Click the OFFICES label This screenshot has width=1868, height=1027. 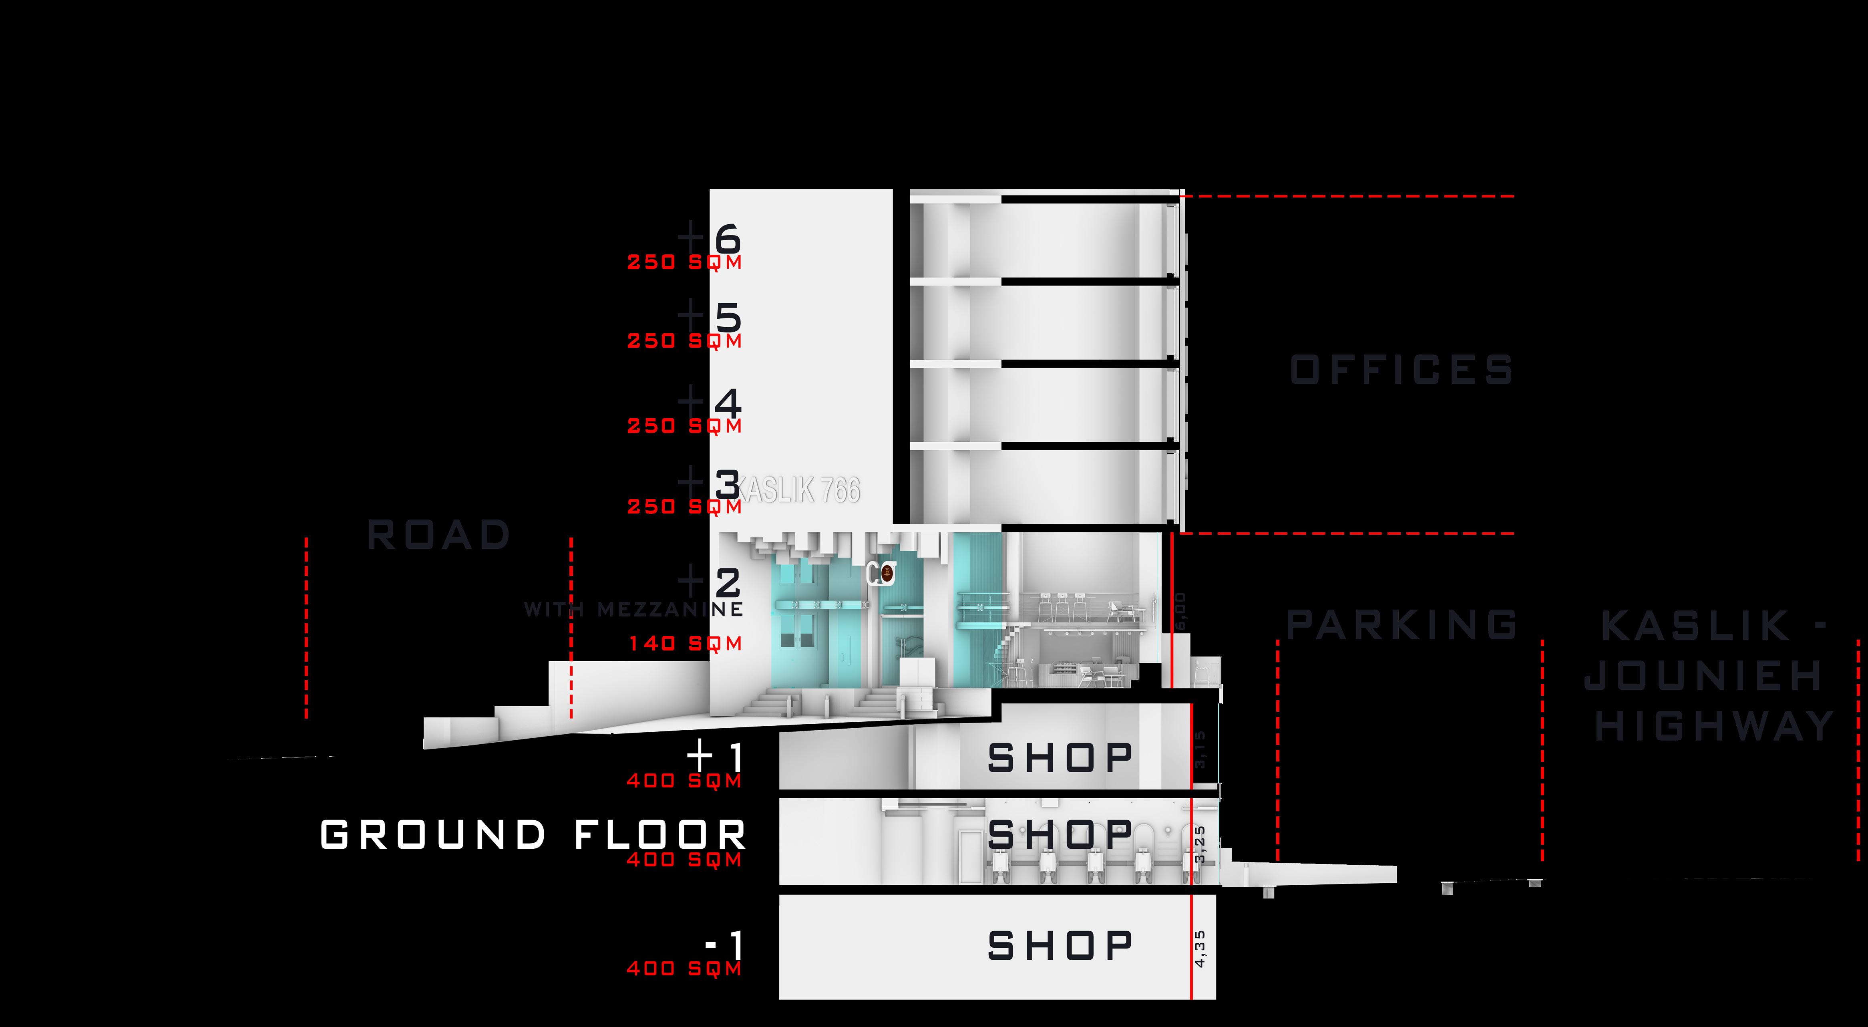[x=1401, y=370]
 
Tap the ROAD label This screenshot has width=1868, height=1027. [x=439, y=535]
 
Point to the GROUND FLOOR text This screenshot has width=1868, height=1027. [x=533, y=835]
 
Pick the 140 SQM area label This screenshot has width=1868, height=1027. [x=685, y=643]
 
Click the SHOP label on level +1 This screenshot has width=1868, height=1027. [x=1060, y=758]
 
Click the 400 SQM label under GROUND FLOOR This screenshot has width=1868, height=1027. [x=685, y=860]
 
